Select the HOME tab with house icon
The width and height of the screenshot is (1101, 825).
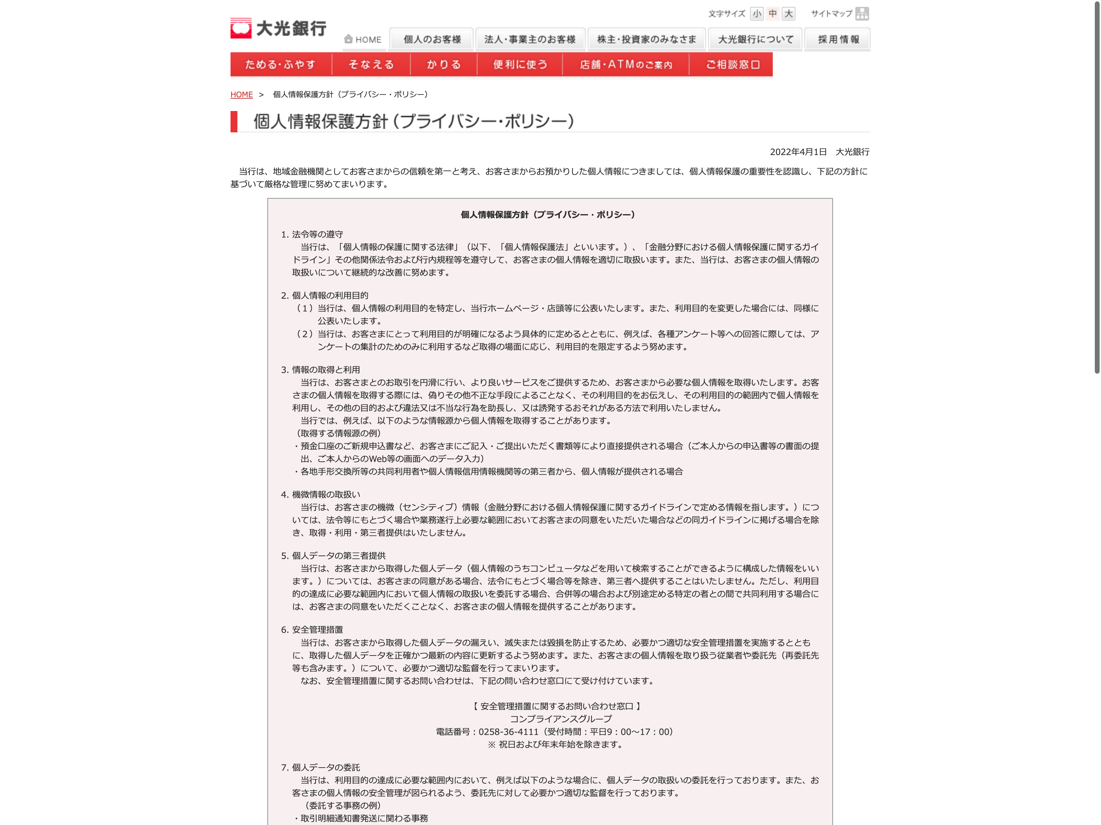[x=363, y=39]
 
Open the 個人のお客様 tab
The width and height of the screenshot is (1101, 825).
[x=431, y=39]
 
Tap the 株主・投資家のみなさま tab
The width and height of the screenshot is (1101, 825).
[x=646, y=39]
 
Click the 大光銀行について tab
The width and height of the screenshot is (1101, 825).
[x=755, y=39]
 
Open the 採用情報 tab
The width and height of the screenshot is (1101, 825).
[x=838, y=39]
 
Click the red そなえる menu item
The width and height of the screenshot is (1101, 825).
[x=371, y=65]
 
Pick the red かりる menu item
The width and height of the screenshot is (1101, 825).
[x=443, y=65]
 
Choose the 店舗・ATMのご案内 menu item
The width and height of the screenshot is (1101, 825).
[x=626, y=65]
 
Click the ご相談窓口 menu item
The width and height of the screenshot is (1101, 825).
[x=732, y=65]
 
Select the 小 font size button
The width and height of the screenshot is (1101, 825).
[x=757, y=13]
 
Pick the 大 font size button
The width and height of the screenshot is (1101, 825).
[x=789, y=13]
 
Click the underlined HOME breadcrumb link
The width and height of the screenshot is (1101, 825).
[x=242, y=95]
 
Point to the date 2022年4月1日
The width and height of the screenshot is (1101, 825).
[x=798, y=152]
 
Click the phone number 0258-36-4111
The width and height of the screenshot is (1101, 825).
[x=508, y=731]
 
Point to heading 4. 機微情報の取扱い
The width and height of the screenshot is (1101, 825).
[x=321, y=494]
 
